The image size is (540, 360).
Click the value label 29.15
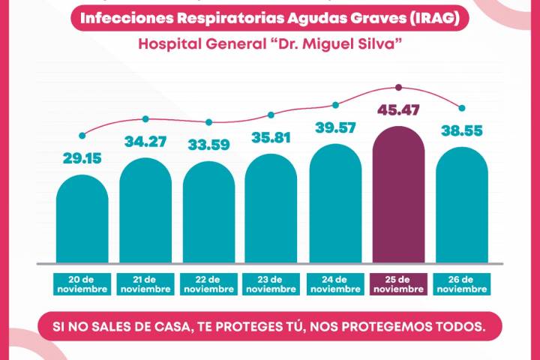82,159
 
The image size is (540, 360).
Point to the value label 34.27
145,142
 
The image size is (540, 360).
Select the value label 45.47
398,110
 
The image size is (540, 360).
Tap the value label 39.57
335,128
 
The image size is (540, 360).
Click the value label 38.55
462,130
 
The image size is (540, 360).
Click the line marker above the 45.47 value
398,87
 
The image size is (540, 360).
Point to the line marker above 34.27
145,118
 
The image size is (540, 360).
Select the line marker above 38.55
462,108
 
